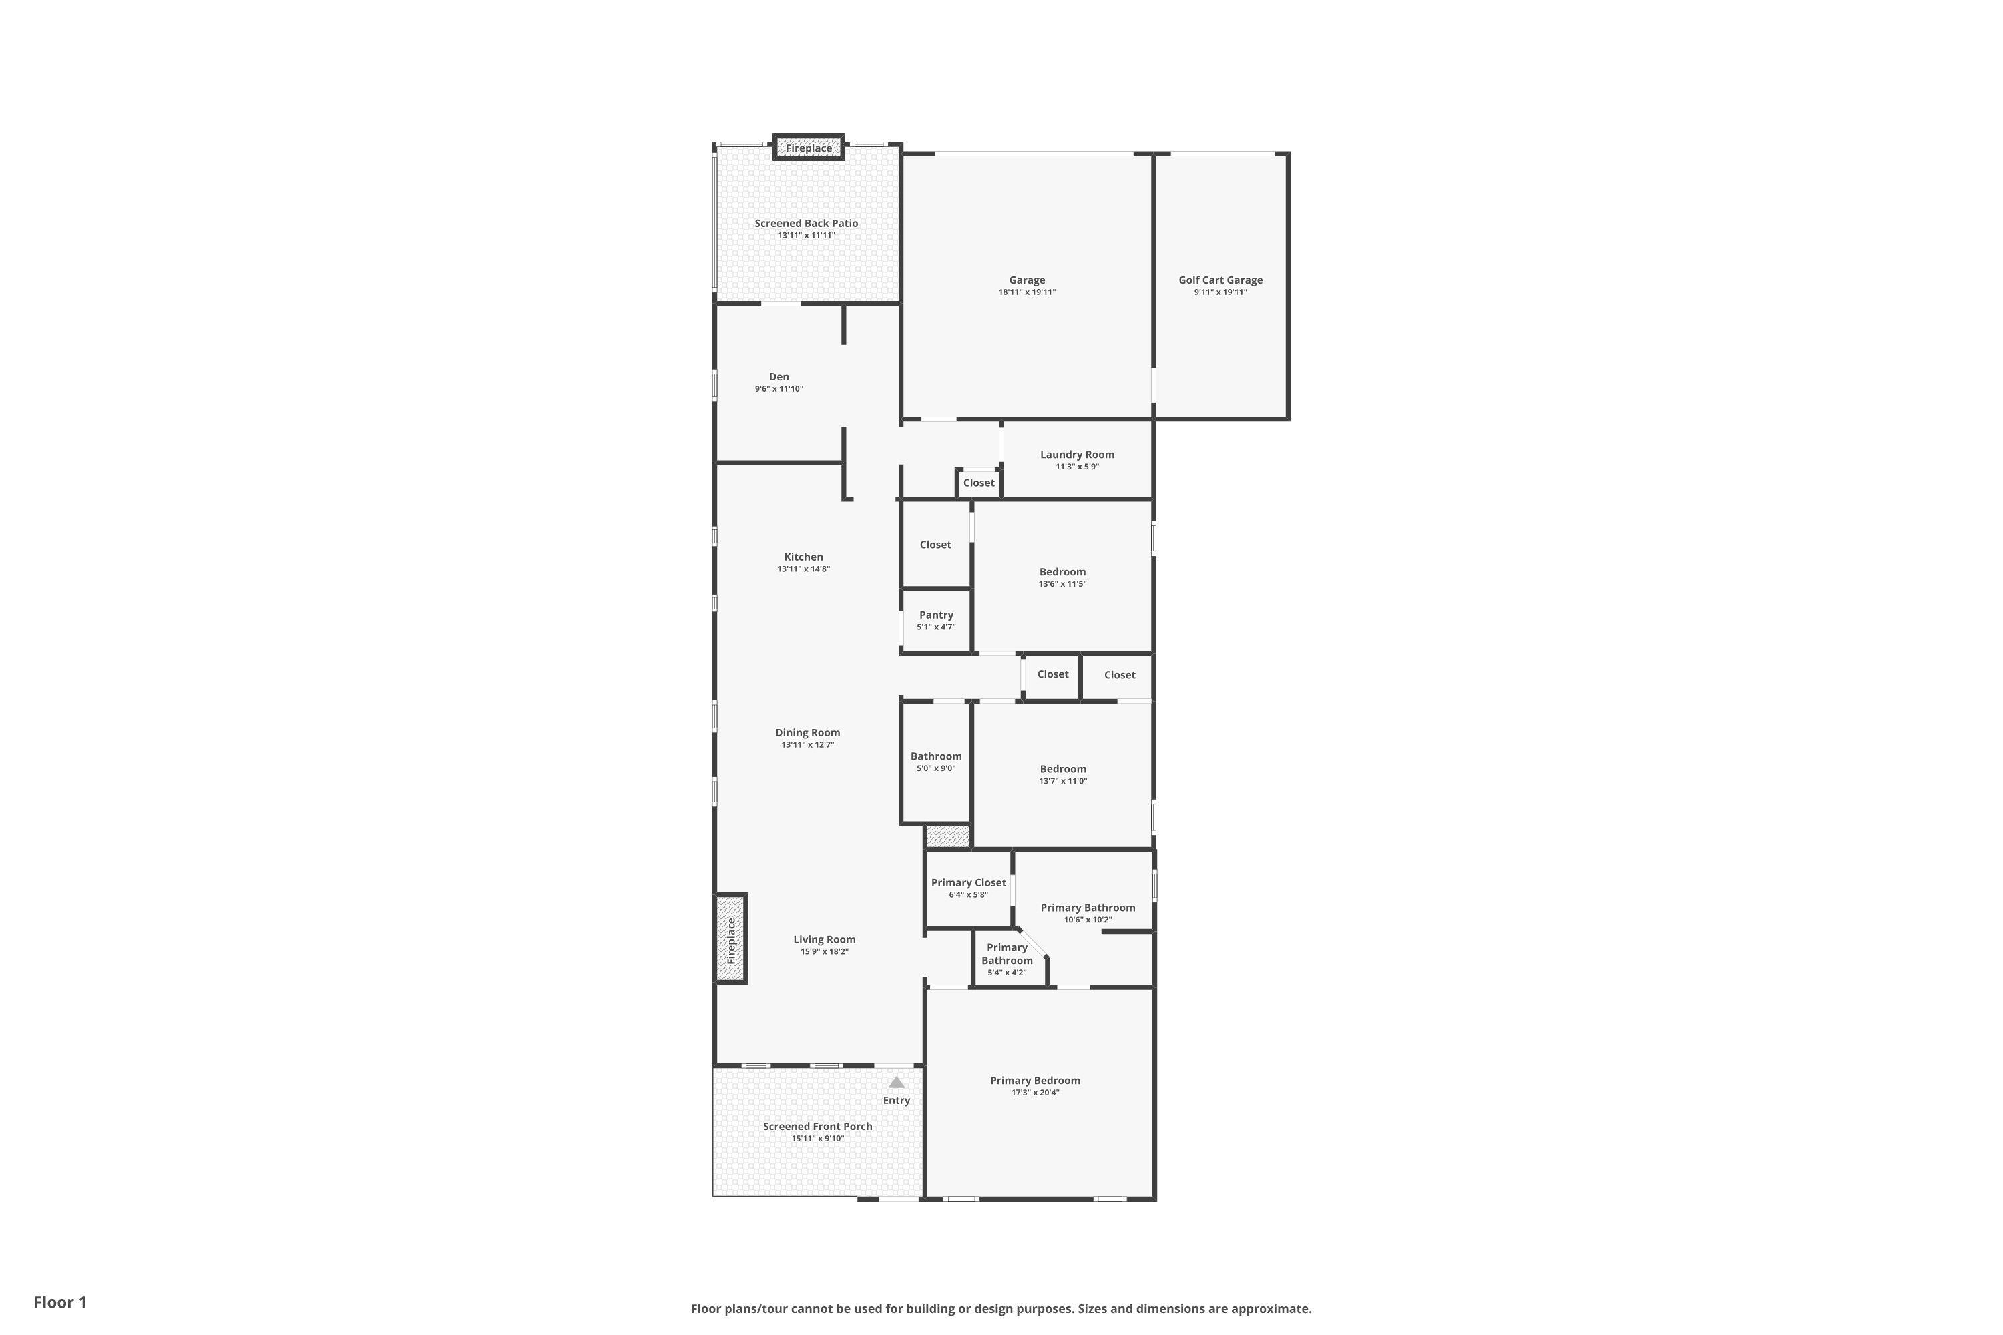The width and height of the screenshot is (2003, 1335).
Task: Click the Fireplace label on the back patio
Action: click(808, 148)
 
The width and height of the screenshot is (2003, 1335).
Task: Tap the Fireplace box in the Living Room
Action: click(730, 939)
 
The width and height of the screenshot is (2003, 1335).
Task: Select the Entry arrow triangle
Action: click(896, 1082)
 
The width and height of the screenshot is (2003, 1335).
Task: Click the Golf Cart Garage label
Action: click(1220, 280)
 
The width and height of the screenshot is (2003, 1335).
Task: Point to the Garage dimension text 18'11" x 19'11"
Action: click(1027, 292)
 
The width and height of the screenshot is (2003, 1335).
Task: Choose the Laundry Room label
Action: click(1078, 455)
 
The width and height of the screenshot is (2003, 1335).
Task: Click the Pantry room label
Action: click(936, 615)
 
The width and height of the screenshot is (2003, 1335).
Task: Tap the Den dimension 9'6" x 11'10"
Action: click(778, 389)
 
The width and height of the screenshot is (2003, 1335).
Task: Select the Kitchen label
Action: click(803, 557)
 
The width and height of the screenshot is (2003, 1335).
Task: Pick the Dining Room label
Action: click(807, 732)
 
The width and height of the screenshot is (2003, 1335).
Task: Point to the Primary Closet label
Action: click(968, 883)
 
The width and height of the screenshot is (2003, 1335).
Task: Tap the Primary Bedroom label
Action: click(1035, 1081)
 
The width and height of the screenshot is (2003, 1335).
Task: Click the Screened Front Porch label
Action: click(817, 1127)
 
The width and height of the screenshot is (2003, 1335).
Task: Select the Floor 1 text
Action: click(61, 1302)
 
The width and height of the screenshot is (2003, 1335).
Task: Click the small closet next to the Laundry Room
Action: click(979, 483)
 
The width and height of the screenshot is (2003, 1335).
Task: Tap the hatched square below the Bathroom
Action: click(948, 836)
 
